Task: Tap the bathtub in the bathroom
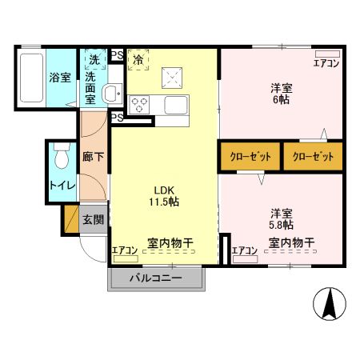click(x=30, y=78)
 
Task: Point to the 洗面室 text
click(x=92, y=89)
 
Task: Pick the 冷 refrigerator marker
click(x=138, y=58)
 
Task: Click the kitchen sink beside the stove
click(x=175, y=104)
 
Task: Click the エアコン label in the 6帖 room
click(x=326, y=63)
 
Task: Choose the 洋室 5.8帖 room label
click(x=280, y=219)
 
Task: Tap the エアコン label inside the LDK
click(x=124, y=250)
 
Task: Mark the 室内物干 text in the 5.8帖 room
click(x=290, y=242)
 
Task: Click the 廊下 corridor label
click(x=93, y=158)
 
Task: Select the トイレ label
click(x=62, y=186)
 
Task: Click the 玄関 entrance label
click(x=93, y=219)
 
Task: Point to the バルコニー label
click(x=156, y=279)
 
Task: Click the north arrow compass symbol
click(x=328, y=303)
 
